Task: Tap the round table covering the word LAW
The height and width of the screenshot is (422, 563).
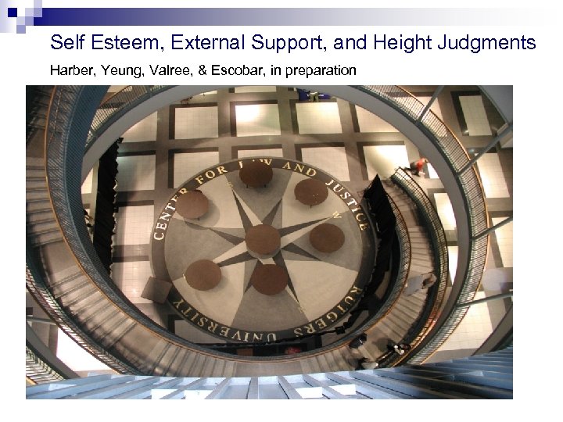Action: (256, 174)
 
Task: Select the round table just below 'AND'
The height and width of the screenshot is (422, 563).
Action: (310, 192)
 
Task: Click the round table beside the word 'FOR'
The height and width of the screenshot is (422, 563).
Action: (192, 205)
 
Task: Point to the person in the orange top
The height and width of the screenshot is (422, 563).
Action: (421, 166)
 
